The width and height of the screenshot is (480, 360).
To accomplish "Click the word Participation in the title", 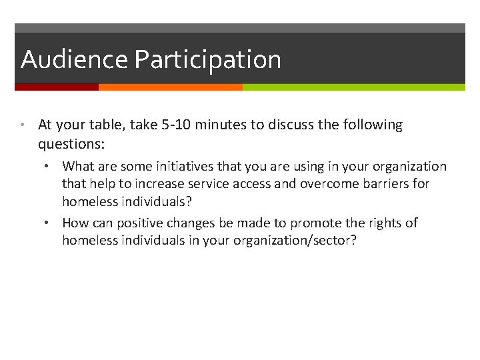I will pos(207,60).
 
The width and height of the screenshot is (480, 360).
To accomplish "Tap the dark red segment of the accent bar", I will pos(57,87).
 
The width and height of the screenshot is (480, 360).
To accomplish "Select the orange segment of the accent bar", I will pos(170,87).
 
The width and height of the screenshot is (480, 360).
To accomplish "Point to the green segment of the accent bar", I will pos(353,87).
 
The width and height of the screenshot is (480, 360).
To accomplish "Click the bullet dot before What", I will pos(53,166).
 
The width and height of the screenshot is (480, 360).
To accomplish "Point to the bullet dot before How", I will pos(53,223).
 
